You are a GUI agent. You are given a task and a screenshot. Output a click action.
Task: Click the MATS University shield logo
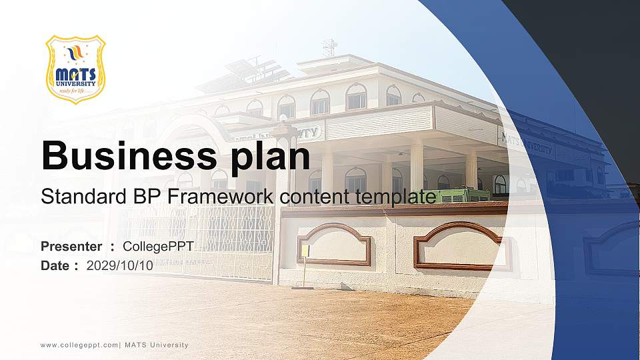pos(75,69)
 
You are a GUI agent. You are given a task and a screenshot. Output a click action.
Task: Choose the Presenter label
pos(71,247)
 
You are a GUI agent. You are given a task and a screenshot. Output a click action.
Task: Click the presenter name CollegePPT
pos(158,247)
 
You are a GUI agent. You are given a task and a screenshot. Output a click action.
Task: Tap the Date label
pos(55,265)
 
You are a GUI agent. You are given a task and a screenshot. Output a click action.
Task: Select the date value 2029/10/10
pos(120,265)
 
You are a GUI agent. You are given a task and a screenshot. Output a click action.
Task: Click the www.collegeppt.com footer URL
pos(79,345)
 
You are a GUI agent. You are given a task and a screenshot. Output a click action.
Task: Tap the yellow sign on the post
pos(305,251)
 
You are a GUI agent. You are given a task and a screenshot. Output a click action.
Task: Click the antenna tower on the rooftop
pos(329,48)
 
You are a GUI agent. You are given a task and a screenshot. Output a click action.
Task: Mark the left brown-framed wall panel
pos(334,244)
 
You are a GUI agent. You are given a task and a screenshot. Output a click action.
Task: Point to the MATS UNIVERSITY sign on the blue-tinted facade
pos(527,143)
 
